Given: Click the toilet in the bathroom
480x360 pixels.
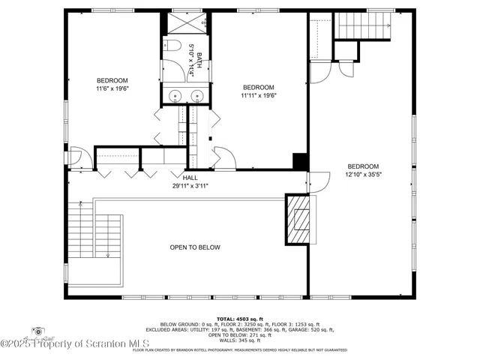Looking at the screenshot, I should (x=172, y=47).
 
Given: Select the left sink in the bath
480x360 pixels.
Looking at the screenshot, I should (x=175, y=95).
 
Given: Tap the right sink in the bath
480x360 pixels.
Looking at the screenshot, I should (x=198, y=95).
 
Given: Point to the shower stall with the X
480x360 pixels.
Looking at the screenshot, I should (x=186, y=22).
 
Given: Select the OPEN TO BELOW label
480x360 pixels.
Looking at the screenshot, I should (x=195, y=247).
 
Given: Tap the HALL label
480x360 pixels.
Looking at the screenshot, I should (x=190, y=178).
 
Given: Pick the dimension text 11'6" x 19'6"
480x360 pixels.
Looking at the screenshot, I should (x=112, y=89).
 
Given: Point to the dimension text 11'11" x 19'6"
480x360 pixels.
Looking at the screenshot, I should (x=258, y=95).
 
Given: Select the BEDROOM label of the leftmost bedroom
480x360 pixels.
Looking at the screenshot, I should (x=112, y=81).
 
